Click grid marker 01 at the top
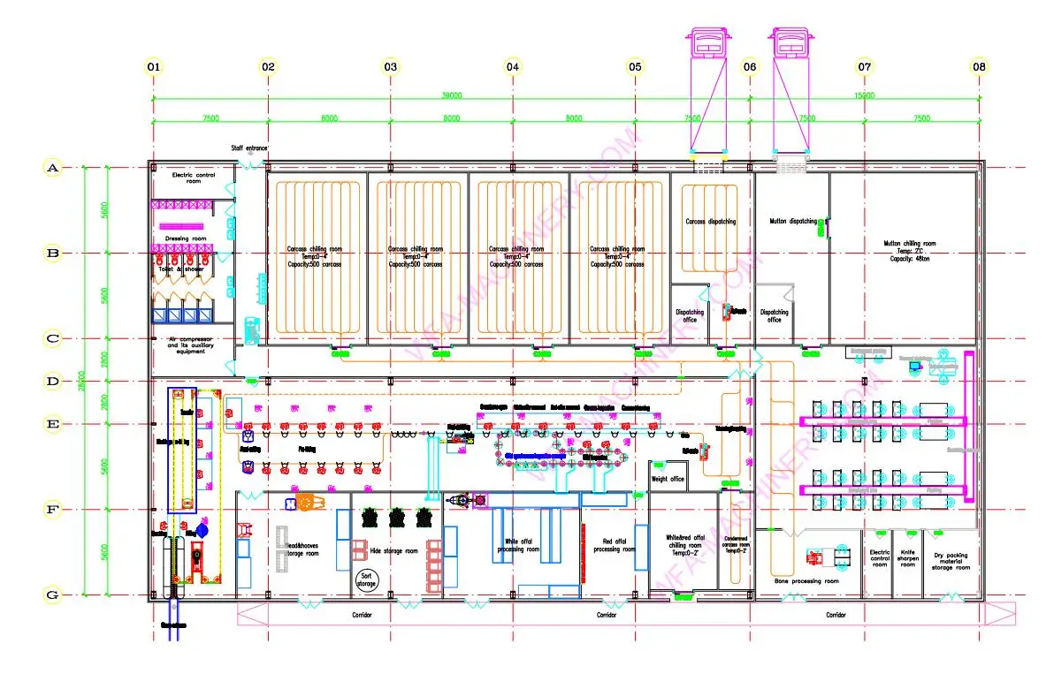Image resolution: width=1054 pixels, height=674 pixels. tap(154, 66)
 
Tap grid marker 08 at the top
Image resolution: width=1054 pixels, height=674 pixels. tap(979, 66)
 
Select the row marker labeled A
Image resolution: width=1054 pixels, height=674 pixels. tap(53, 167)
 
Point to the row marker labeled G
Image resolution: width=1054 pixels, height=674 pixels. tap(53, 594)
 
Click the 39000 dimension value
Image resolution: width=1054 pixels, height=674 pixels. tap(452, 95)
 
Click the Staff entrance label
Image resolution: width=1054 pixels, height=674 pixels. tap(249, 148)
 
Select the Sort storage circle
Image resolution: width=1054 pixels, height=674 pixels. tap(366, 579)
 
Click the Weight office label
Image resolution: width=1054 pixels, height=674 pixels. tap(668, 479)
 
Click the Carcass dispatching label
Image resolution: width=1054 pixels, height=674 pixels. tap(711, 222)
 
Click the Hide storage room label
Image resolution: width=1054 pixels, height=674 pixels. tap(394, 549)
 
